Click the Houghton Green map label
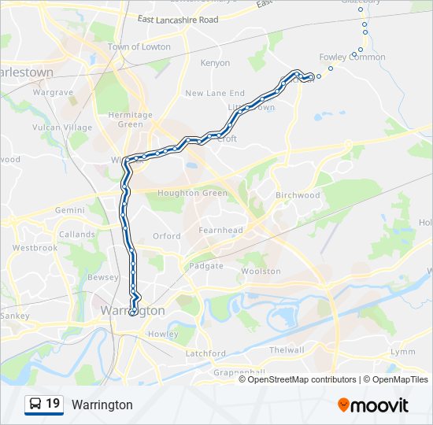192,193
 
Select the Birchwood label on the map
298,195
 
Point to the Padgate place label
206,266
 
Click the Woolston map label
261,271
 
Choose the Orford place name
166,236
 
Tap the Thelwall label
286,349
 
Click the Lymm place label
402,352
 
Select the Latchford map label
205,353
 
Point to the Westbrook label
35,247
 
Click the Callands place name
77,235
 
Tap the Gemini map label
69,211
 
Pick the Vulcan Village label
62,128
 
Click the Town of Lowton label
139,47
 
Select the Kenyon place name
215,63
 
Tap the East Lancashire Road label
177,19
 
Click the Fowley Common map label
352,57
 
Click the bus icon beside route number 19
35,405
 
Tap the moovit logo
373,405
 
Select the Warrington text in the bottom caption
102,405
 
